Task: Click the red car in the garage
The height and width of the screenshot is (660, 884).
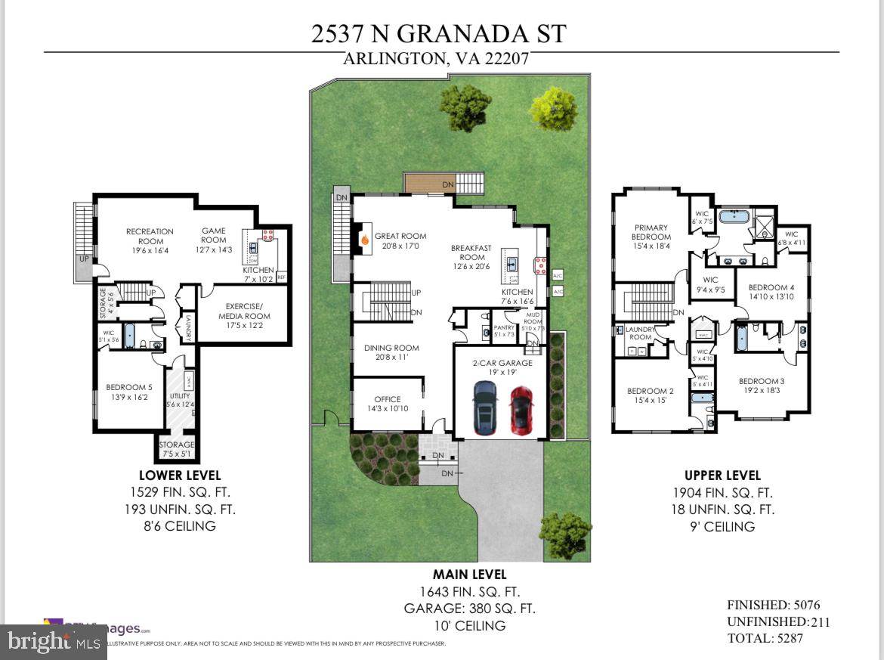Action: click(x=521, y=409)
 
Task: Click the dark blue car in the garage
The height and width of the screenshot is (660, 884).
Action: click(x=484, y=408)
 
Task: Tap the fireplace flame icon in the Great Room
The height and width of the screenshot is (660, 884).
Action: click(x=363, y=240)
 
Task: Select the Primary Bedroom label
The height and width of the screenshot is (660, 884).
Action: click(x=651, y=232)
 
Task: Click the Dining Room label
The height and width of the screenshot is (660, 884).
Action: click(x=391, y=352)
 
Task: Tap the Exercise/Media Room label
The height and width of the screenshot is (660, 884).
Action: click(x=244, y=311)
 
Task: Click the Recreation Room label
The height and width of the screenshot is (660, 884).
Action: click(x=150, y=237)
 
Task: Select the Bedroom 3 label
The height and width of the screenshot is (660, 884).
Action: click(x=762, y=386)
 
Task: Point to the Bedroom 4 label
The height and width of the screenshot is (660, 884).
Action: click(x=771, y=292)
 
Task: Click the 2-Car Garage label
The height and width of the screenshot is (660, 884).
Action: click(x=503, y=367)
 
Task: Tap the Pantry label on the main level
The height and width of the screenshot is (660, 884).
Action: click(x=503, y=330)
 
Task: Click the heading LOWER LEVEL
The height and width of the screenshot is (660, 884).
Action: click(x=180, y=476)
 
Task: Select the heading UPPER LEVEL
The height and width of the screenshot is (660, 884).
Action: click(x=722, y=476)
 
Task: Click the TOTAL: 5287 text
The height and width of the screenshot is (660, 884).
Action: click(x=765, y=638)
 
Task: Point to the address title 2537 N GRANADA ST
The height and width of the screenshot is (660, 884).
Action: click(x=439, y=33)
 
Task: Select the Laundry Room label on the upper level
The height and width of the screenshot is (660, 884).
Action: click(x=640, y=333)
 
